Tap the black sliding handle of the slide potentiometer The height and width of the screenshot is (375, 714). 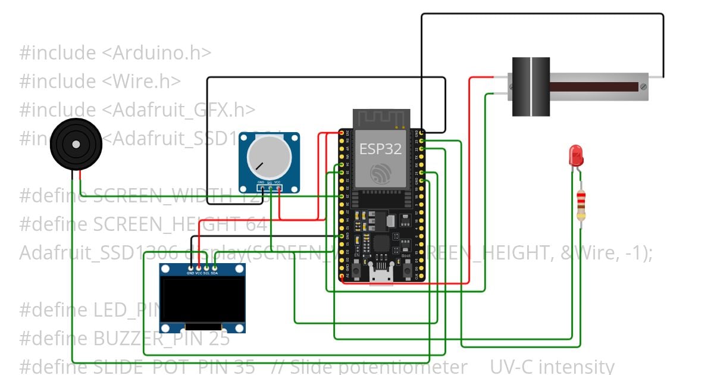click(x=531, y=86)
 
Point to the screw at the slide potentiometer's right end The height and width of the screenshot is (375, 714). click(x=643, y=87)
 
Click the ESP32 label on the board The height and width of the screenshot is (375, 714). click(x=380, y=149)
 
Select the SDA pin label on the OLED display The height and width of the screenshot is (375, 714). click(x=214, y=273)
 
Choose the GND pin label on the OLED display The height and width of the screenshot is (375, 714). click(x=190, y=273)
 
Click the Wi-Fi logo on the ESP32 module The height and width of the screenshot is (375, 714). click(x=380, y=174)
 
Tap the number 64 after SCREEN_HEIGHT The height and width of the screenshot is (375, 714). click(x=256, y=224)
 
